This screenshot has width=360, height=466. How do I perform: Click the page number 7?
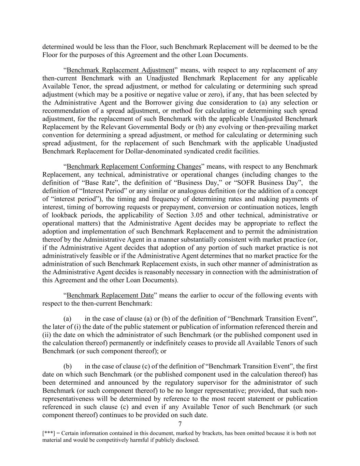[180, 424]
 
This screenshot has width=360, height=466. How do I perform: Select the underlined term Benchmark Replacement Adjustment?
[120, 70]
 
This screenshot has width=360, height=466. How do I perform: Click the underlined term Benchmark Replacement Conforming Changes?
[134, 167]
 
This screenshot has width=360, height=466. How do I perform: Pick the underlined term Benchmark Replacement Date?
[110, 295]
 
